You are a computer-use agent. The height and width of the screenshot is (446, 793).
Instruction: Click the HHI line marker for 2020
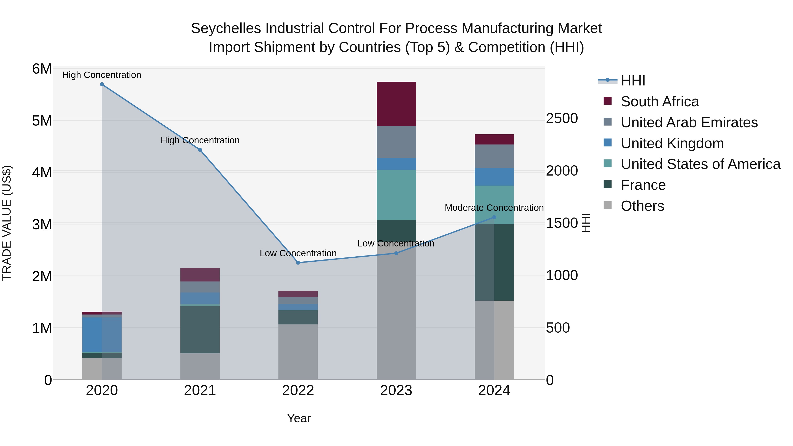(x=102, y=84)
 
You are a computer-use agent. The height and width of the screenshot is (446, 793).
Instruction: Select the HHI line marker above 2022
(x=298, y=263)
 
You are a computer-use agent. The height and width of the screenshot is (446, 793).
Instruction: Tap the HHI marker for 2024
(x=494, y=217)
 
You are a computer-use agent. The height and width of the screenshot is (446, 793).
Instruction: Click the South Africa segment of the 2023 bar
(x=396, y=104)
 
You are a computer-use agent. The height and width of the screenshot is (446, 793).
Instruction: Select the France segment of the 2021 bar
(x=200, y=329)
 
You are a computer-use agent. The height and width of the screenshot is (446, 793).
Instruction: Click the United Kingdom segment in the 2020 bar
(x=102, y=335)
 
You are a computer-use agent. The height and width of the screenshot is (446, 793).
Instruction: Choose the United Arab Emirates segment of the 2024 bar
(x=494, y=156)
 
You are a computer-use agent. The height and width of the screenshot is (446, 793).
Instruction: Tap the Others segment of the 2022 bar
(x=298, y=352)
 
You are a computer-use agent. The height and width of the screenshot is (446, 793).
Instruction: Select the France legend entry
(x=643, y=185)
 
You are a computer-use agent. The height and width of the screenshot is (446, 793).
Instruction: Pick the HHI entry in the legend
(x=633, y=81)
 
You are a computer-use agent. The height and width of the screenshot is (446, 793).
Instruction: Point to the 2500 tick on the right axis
(x=562, y=118)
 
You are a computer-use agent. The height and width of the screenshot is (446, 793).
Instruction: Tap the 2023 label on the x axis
(x=396, y=390)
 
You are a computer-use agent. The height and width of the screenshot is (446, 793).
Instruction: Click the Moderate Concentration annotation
(x=494, y=208)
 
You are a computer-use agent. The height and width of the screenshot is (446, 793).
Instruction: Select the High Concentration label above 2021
(x=200, y=140)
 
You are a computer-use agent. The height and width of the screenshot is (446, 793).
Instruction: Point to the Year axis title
(x=299, y=418)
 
